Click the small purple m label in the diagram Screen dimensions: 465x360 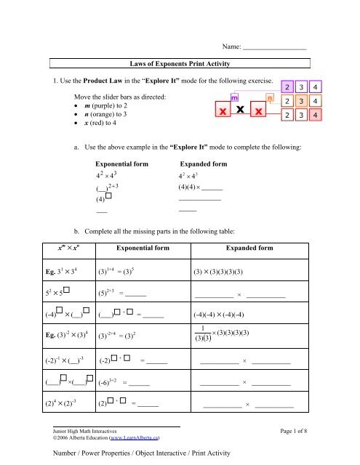pyautogui.click(x=236, y=97)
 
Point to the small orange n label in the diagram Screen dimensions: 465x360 pyautogui.click(x=271, y=97)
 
